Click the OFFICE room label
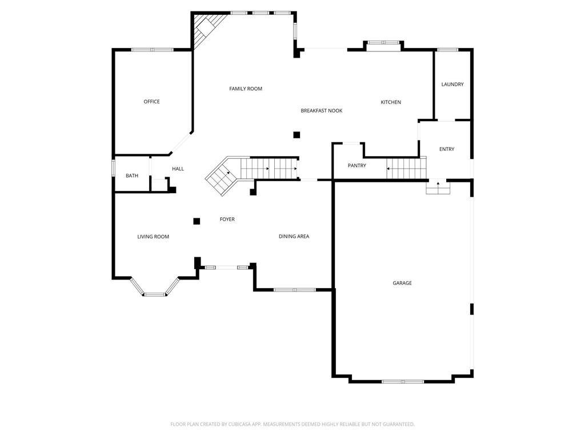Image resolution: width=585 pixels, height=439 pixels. pos(151,102)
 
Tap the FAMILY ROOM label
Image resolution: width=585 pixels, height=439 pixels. pos(246,89)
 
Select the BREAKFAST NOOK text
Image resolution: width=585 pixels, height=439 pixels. pos(322,111)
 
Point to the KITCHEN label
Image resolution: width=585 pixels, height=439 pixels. pos(391,102)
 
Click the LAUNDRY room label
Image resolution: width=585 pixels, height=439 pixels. pos(452,85)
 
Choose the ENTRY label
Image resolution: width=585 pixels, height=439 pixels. pos(447,149)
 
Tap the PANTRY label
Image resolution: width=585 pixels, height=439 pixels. pos(356,166)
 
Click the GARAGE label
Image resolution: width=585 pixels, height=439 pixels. pos(402,283)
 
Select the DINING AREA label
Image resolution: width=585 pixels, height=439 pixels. pos(294,236)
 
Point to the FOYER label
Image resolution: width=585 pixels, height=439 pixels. pos(227,219)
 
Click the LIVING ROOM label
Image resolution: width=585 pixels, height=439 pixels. pos(153,237)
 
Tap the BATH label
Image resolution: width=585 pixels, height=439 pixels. pos(132,176)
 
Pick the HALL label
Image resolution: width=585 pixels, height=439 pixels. pos(178,169)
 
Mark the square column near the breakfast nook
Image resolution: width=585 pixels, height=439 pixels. pos(296,135)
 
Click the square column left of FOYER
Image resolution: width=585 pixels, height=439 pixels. pos(197,221)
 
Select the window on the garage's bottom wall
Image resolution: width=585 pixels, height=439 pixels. pos(403,381)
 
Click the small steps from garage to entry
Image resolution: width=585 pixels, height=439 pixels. pos(438,187)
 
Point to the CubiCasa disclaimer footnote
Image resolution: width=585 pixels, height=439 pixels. pos(292,425)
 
